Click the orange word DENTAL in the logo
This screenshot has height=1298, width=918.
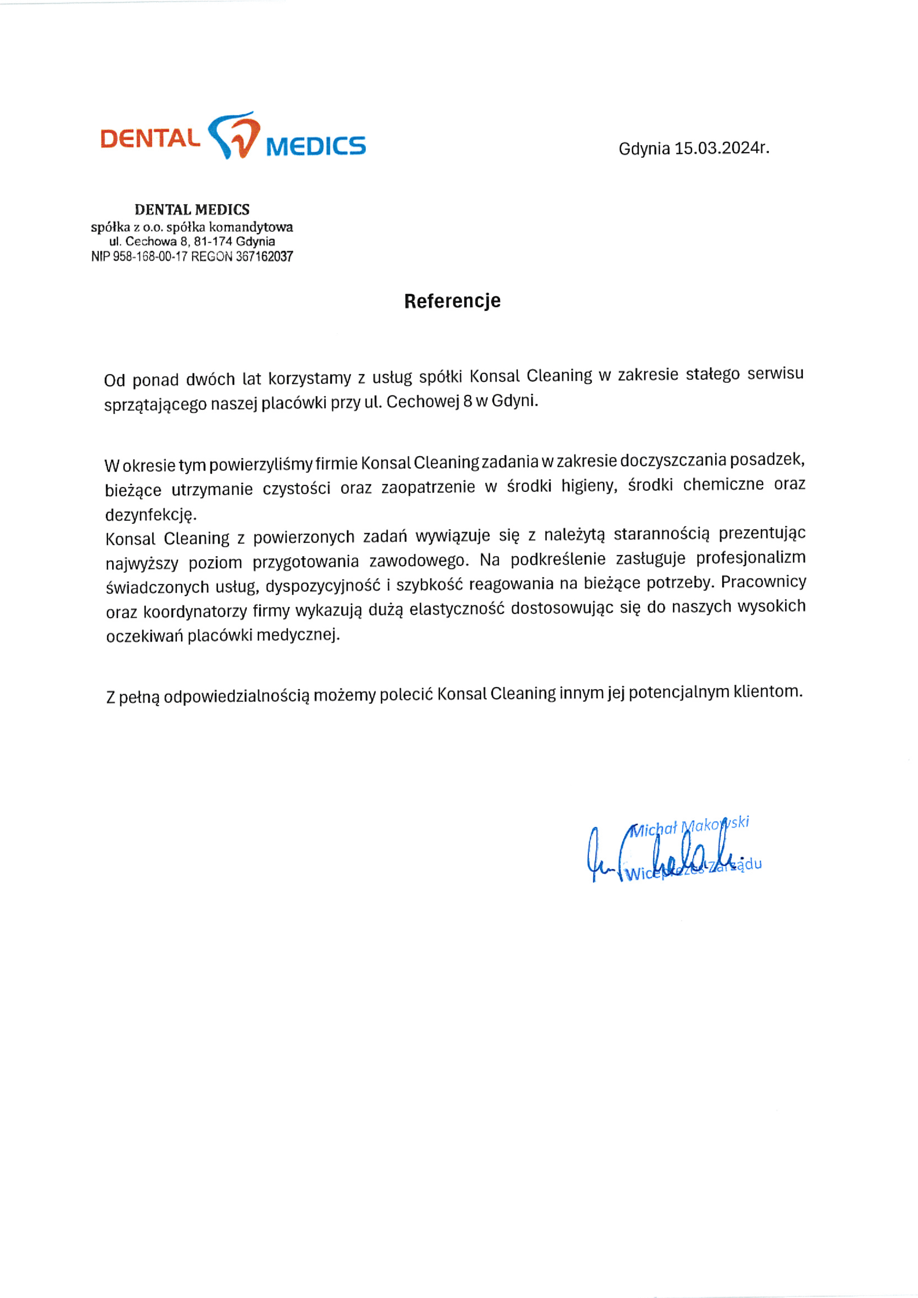[x=150, y=138]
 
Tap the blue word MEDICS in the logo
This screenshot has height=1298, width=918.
[x=315, y=146]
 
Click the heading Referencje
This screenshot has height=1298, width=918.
[x=452, y=301]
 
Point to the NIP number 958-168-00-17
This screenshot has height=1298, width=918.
[x=150, y=257]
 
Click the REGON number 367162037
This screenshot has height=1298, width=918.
[x=264, y=257]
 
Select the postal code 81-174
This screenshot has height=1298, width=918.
[x=213, y=241]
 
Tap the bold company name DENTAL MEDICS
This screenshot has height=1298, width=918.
[x=192, y=210]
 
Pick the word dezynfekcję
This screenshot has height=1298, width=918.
[x=151, y=515]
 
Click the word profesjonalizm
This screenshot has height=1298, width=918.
[x=751, y=558]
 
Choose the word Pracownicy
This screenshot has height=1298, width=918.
[x=764, y=582]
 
